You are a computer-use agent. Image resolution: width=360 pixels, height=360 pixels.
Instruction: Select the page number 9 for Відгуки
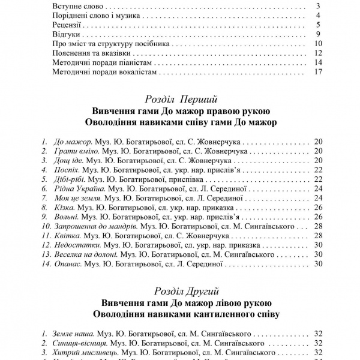320,34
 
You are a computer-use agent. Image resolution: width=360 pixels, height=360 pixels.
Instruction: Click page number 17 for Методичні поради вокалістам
319,73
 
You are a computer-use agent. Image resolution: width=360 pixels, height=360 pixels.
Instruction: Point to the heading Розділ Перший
181,98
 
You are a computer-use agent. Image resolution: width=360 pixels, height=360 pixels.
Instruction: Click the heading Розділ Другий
181,290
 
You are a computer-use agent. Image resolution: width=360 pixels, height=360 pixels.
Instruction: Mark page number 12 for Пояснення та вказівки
319,53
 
